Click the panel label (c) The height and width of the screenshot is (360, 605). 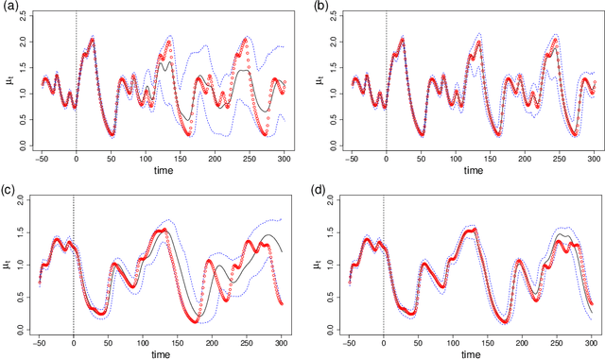pyautogui.click(x=9, y=189)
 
